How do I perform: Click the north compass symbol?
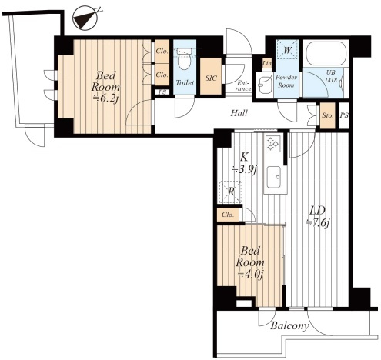coord(85,18)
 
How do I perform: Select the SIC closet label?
coord(211,78)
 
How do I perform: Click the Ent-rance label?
coord(243,86)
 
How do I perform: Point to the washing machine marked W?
coord(287,49)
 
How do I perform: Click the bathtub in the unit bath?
coord(326,54)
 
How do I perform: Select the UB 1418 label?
coord(331,76)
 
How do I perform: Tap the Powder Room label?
coord(286,81)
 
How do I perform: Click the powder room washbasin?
coord(265,83)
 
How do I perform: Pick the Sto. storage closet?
coord(328,115)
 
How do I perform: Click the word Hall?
coord(239,113)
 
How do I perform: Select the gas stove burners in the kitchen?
coord(273,143)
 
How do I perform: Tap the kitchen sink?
coord(274,177)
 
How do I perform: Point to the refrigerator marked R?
coord(231,192)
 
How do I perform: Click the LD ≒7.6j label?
coord(318,217)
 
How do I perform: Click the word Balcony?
coord(289,326)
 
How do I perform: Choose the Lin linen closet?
coord(267,63)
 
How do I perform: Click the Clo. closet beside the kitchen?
coord(228,215)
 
